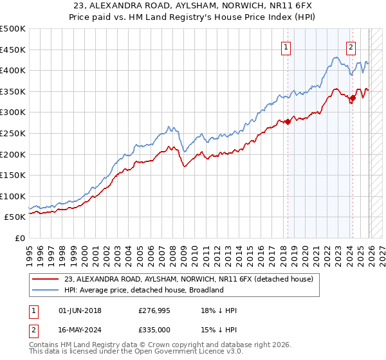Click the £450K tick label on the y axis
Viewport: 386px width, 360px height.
(x=13, y=50)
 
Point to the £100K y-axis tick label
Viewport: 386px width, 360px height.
(x=13, y=196)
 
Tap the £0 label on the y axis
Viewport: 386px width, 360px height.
(x=19, y=239)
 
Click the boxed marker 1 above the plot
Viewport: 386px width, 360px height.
(x=285, y=46)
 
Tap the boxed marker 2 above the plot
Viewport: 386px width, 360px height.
(x=351, y=46)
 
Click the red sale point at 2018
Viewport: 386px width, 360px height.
(x=288, y=122)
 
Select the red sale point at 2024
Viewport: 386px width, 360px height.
(x=353, y=98)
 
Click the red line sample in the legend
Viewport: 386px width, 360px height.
(x=46, y=279)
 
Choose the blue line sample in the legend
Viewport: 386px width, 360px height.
(x=46, y=290)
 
